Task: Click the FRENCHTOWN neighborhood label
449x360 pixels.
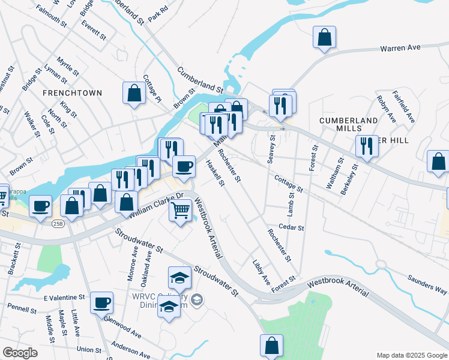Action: (72, 93)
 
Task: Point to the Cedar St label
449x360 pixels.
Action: (292, 228)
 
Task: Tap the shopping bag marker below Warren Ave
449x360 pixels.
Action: (324, 37)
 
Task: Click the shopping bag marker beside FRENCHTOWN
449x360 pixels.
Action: (134, 93)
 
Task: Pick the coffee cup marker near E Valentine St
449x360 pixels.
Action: (102, 302)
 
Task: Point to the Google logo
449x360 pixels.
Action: (20, 353)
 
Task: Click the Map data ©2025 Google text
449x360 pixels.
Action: (411, 355)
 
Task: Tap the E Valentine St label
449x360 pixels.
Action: (64, 298)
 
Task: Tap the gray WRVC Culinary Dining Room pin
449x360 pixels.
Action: (199, 299)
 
